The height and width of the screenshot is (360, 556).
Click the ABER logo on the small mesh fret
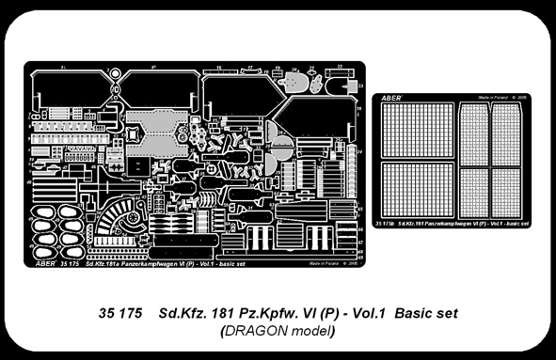click(x=391, y=97)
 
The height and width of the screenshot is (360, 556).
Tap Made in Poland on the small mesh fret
click(x=492, y=96)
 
